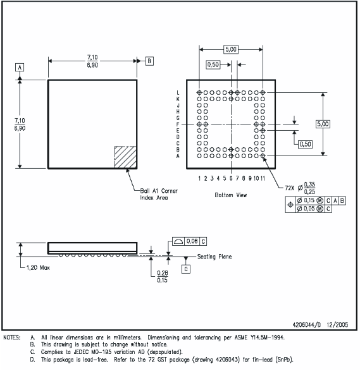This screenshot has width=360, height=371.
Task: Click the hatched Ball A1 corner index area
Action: coord(125,157)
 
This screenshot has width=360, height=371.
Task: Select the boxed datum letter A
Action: coord(20,67)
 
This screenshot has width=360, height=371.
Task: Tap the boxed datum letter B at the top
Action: coord(149,61)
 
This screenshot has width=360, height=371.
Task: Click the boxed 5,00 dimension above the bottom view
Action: coord(231,49)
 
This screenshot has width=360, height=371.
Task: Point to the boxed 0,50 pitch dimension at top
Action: coord(214,64)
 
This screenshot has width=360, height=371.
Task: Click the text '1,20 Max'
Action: coord(39,267)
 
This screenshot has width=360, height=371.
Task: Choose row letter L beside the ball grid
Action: coord(178,93)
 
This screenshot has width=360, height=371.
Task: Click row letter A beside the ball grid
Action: coord(178,155)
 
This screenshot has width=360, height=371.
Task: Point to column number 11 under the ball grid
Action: coord(263,179)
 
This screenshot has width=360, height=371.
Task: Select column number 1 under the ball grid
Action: coord(199,179)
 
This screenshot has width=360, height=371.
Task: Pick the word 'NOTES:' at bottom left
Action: coord(13,338)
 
